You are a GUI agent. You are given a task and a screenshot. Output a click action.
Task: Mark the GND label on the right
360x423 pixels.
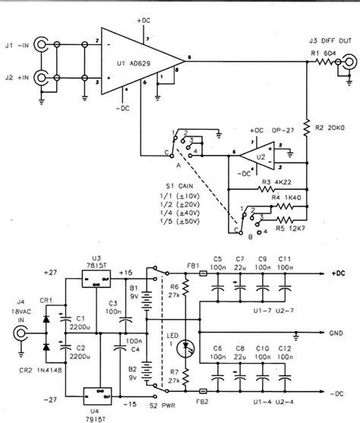[x=339, y=333]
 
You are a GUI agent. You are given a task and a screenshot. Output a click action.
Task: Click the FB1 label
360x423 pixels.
[x=194, y=266]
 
